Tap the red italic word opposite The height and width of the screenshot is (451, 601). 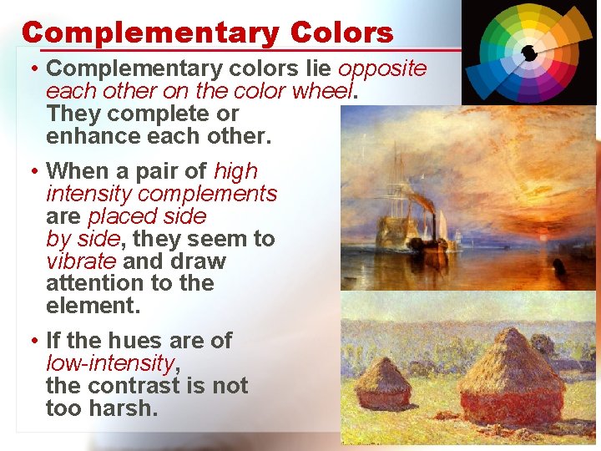click(382, 68)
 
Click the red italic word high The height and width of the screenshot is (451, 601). click(235, 171)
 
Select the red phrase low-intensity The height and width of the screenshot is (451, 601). click(112, 363)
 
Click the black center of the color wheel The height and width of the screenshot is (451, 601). click(528, 53)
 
